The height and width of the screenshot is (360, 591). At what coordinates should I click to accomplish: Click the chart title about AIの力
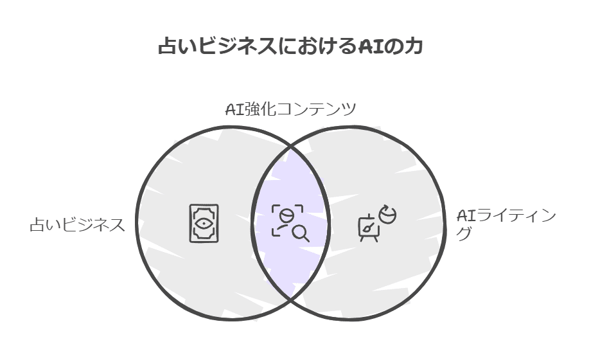click(x=290, y=47)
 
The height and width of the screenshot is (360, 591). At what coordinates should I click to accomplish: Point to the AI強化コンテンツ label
click(x=290, y=109)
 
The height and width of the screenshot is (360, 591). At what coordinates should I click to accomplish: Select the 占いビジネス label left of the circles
click(x=77, y=225)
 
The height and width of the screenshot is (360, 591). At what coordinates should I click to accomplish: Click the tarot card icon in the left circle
click(x=204, y=223)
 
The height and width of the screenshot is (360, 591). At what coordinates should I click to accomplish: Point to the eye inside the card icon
click(x=204, y=224)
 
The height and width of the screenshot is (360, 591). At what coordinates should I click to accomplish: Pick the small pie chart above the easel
click(x=387, y=214)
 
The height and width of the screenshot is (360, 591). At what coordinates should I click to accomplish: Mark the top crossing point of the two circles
click(x=290, y=147)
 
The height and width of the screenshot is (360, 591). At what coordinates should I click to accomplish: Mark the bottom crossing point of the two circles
click(x=290, y=300)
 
